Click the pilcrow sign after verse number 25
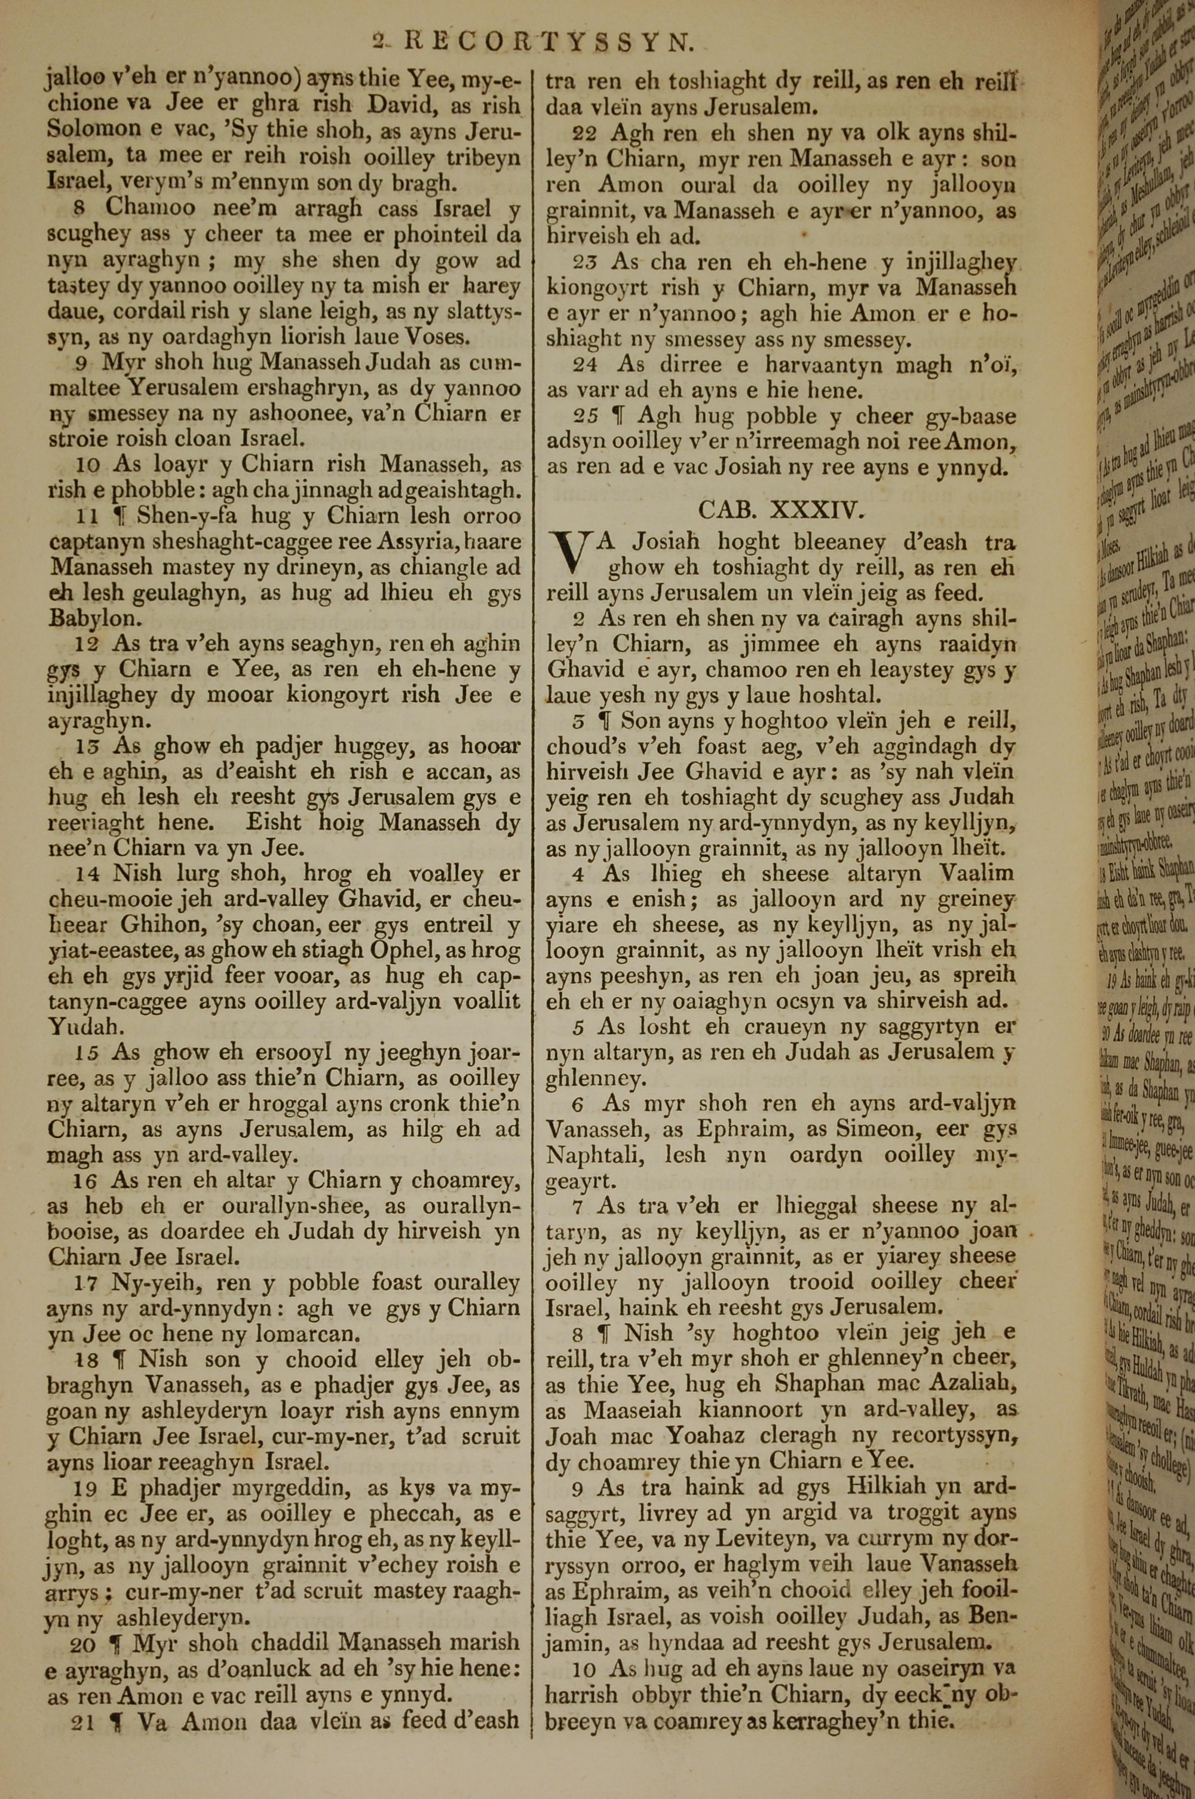coord(620,416)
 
